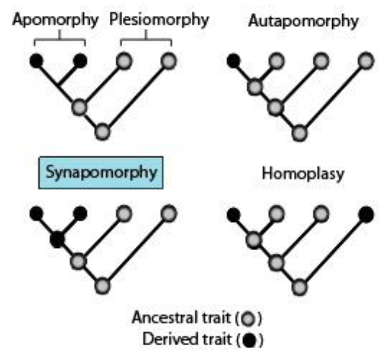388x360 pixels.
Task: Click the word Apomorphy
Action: tap(56, 19)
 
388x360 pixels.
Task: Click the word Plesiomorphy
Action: tap(159, 19)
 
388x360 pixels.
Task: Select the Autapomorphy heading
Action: tap(303, 21)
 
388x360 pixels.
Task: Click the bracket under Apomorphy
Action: tap(59, 40)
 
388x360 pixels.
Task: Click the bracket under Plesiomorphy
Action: tap(146, 40)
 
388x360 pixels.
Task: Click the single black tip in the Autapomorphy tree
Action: tap(233, 60)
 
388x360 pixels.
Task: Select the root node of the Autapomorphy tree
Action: tap(300, 133)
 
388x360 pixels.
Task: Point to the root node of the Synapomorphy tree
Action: tap(102, 287)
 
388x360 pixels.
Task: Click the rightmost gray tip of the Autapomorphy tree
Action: tap(366, 60)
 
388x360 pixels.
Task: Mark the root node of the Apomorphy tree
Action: tap(102, 132)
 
